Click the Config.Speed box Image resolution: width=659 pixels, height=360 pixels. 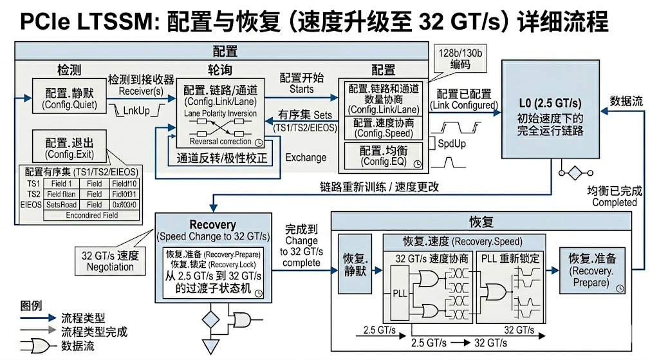(383, 128)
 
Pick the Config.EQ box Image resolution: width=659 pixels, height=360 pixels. (383, 156)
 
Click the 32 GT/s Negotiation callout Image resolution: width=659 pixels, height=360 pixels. (110, 260)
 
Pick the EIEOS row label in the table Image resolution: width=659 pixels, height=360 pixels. (32, 204)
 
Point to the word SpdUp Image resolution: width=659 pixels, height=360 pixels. (451, 144)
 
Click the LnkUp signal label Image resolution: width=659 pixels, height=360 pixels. (136, 111)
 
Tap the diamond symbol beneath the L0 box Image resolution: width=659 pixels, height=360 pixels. (571, 173)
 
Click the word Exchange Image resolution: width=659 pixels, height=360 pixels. (306, 157)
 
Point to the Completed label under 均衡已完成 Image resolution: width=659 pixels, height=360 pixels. (614, 202)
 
